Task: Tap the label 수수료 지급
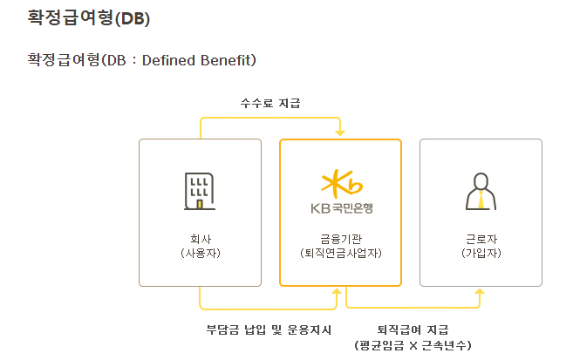coord(270,103)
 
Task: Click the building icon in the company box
coord(200,191)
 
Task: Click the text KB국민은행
coord(341,209)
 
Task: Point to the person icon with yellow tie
coord(481,191)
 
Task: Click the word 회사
coord(200,238)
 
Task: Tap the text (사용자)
coord(200,253)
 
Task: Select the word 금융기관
coord(340,238)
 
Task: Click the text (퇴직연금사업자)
coord(340,253)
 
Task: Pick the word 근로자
coord(481,238)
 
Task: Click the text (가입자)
coord(481,253)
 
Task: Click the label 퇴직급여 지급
coord(413,329)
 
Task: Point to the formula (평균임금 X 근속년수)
coord(413,345)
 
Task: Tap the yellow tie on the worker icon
coord(481,200)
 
